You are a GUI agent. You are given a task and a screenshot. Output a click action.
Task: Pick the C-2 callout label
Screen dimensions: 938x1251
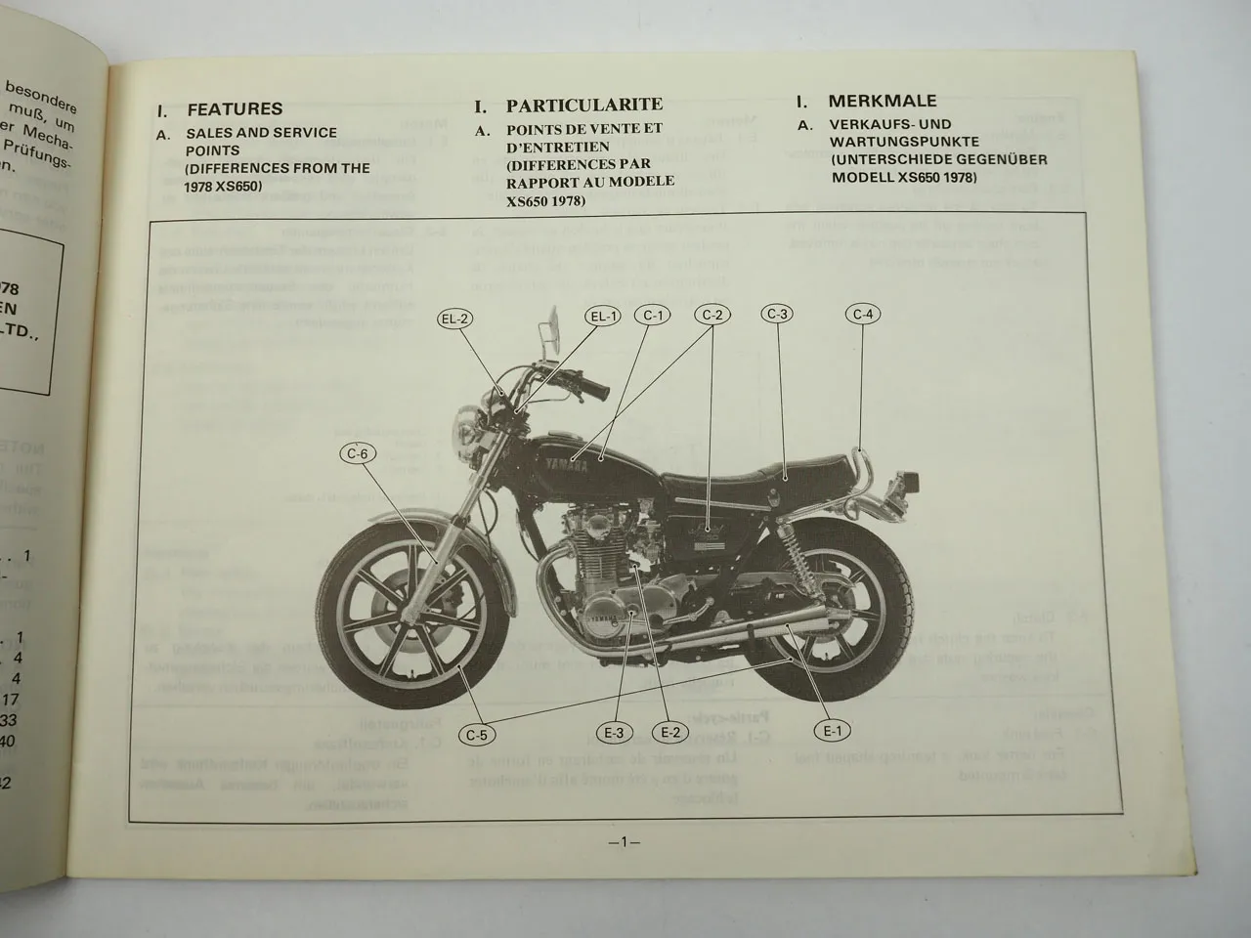[x=713, y=315]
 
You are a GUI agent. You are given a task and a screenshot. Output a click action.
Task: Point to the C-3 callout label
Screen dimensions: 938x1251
[x=777, y=314]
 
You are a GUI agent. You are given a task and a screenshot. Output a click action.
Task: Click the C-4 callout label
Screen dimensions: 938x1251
[x=862, y=314]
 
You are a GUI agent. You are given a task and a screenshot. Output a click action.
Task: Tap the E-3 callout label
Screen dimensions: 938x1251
[x=615, y=732]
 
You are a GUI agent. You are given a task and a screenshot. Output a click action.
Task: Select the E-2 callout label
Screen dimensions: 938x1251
[x=670, y=731]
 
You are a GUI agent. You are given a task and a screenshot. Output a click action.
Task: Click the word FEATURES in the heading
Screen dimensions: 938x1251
[x=235, y=109]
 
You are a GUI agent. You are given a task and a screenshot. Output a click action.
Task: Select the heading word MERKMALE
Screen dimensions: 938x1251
[x=883, y=101]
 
